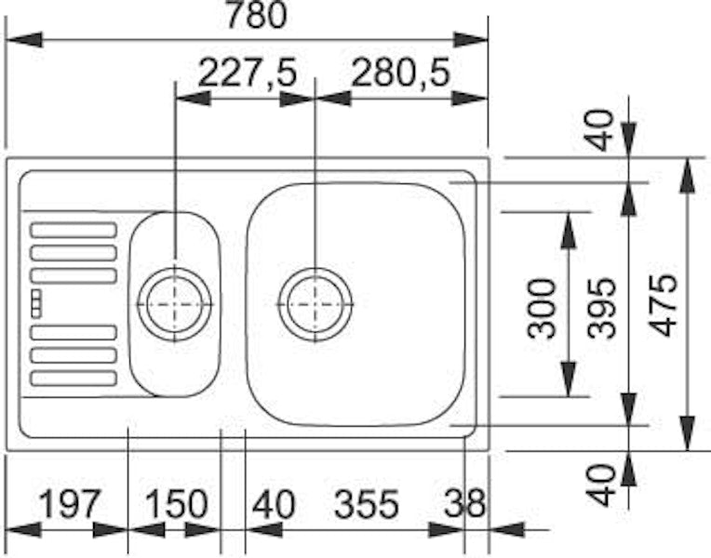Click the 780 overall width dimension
(256, 15)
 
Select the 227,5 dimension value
(248, 73)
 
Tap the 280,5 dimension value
(401, 73)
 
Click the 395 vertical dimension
(601, 308)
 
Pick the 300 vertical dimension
(542, 309)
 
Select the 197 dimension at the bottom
(69, 504)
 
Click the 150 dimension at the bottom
(177, 504)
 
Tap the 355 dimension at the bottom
(367, 504)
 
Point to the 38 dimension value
(464, 504)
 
